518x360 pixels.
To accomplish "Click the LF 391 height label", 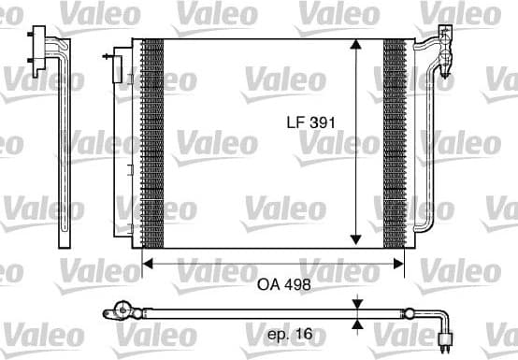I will [x=310, y=122].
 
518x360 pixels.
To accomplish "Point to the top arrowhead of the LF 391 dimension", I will [x=356, y=46].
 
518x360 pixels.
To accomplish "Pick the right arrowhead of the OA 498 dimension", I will [x=403, y=265].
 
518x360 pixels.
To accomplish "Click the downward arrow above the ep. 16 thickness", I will [x=356, y=304].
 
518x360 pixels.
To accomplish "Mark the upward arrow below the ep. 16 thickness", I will [x=356, y=325].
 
